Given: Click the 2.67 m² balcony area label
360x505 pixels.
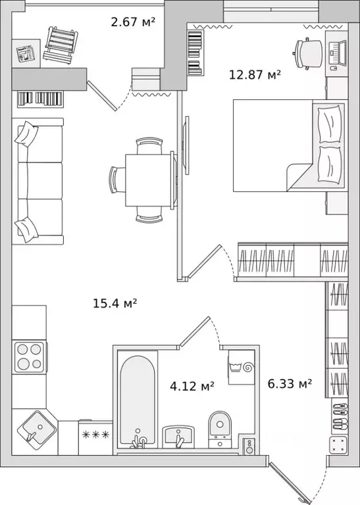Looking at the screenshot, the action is (x=133, y=22).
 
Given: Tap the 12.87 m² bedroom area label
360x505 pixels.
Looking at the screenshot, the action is (x=255, y=75).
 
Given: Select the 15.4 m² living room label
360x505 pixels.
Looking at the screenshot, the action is (x=115, y=303).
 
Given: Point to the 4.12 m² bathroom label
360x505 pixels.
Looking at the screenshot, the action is (x=192, y=386).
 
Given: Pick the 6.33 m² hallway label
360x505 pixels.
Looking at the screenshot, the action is (x=290, y=383).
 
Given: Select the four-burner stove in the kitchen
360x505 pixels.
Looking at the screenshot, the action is (x=30, y=357).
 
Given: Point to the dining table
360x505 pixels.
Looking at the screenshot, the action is (x=148, y=180).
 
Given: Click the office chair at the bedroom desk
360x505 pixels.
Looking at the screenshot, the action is (x=308, y=53).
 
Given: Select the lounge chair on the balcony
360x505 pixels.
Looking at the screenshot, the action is (x=61, y=45).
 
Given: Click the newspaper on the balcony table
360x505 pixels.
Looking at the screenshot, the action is (x=26, y=54).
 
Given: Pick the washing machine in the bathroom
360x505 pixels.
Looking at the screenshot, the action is (x=242, y=367).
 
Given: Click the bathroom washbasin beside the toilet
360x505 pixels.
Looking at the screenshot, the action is (x=178, y=437).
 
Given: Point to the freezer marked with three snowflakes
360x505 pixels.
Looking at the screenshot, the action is (x=95, y=437).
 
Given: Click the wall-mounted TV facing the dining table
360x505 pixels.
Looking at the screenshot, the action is (x=186, y=145).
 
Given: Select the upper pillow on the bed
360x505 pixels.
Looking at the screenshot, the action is (x=329, y=124).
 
